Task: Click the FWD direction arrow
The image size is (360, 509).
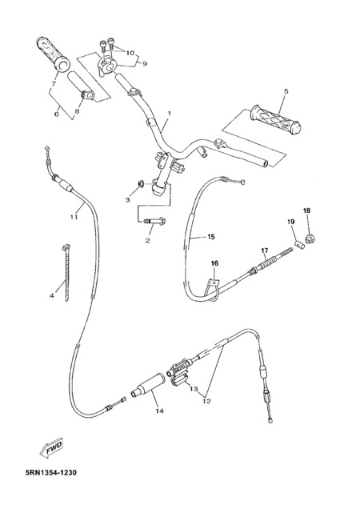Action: pyautogui.click(x=52, y=448)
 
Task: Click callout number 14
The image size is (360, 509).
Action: pyautogui.click(x=159, y=411)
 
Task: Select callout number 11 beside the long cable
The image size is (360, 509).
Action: pyautogui.click(x=74, y=217)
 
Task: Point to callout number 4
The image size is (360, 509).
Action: pyautogui.click(x=52, y=296)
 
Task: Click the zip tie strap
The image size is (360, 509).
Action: pyautogui.click(x=66, y=274)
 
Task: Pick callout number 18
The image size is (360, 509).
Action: pyautogui.click(x=306, y=210)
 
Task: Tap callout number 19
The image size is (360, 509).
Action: pyautogui.click(x=291, y=222)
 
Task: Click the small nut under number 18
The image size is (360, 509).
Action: pyautogui.click(x=310, y=240)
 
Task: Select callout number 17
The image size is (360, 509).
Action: pyautogui.click(x=265, y=250)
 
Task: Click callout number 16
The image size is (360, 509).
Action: pyautogui.click(x=215, y=263)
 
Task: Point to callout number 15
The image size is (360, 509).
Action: pyautogui.click(x=211, y=237)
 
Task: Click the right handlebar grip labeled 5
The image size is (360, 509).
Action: pyautogui.click(x=275, y=120)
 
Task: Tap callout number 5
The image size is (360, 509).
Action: pyautogui.click(x=286, y=91)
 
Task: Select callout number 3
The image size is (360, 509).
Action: pyautogui.click(x=127, y=200)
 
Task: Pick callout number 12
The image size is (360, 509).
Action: pyautogui.click(x=206, y=401)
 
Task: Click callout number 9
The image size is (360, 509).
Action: pyautogui.click(x=145, y=64)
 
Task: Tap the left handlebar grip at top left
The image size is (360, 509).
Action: pyautogui.click(x=54, y=54)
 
